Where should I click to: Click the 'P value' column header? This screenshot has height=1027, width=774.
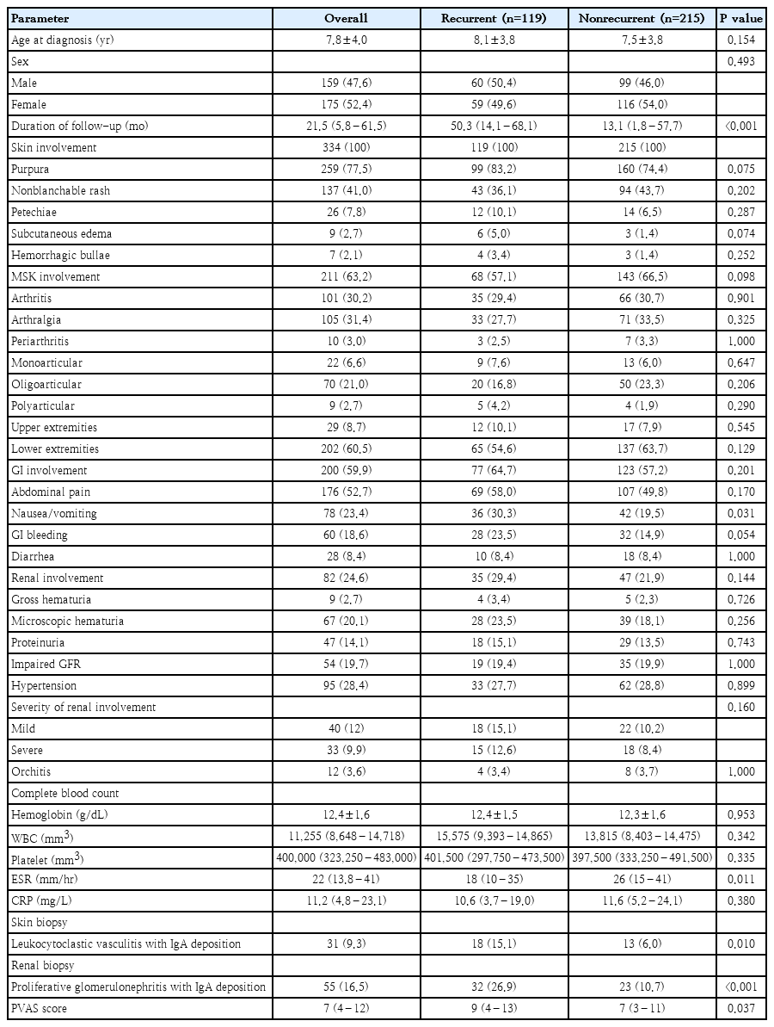(x=741, y=18)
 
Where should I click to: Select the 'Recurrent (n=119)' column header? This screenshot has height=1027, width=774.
(x=494, y=18)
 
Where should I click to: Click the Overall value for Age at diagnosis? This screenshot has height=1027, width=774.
(x=345, y=40)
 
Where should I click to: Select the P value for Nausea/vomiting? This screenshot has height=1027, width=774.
(x=741, y=513)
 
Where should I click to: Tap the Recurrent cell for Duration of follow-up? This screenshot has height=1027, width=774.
(x=494, y=126)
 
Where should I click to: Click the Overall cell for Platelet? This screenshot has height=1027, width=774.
(x=345, y=857)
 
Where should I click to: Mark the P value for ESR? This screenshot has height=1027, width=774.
(x=741, y=879)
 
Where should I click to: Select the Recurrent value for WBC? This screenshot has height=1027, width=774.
(x=494, y=836)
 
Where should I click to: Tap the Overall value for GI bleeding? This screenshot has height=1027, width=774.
(x=345, y=535)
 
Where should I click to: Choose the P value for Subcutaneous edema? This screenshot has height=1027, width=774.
(x=741, y=233)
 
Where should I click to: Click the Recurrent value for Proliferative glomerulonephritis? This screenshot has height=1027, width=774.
(x=494, y=987)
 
